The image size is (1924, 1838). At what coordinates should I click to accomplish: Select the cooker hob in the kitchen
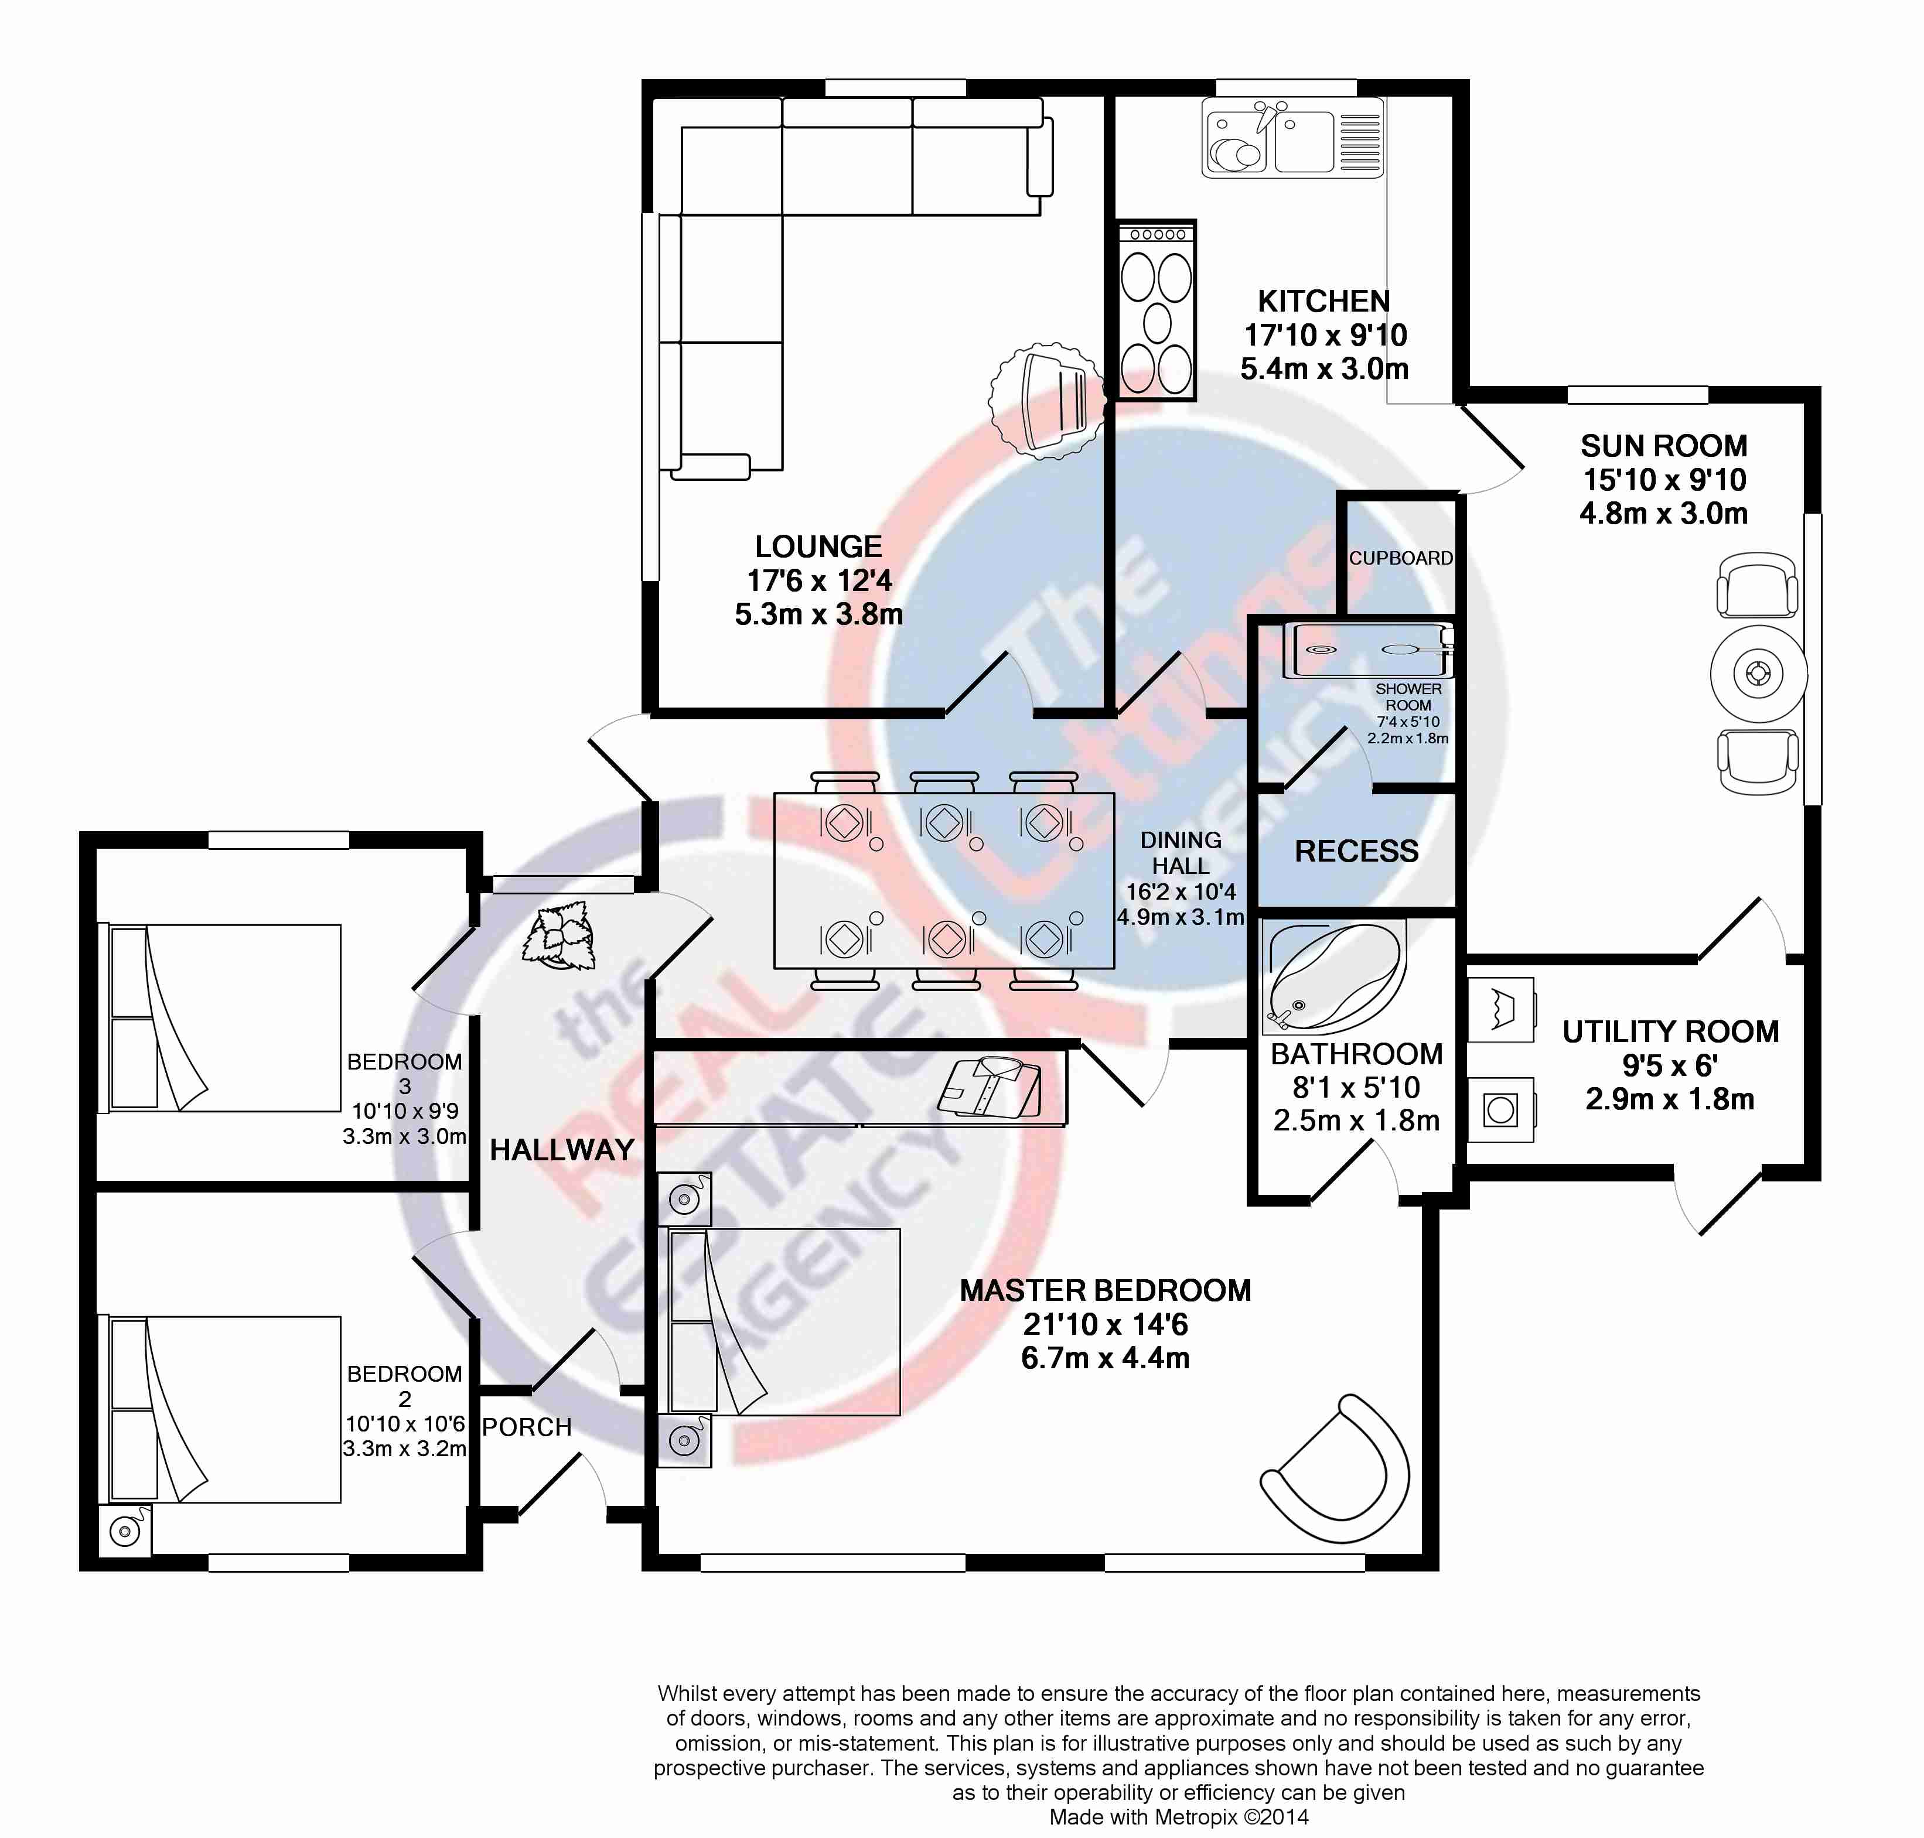click(x=1157, y=310)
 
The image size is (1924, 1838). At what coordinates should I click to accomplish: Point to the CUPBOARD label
click(x=1401, y=558)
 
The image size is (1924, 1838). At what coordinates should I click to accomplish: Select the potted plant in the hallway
click(x=560, y=935)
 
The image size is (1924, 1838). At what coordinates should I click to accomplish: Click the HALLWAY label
click(x=562, y=1150)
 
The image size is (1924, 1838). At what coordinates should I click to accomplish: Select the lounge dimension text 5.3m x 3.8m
click(x=818, y=614)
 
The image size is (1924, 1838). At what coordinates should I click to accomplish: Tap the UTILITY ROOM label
click(x=1670, y=1031)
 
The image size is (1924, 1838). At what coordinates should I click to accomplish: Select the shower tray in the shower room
click(x=1368, y=650)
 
